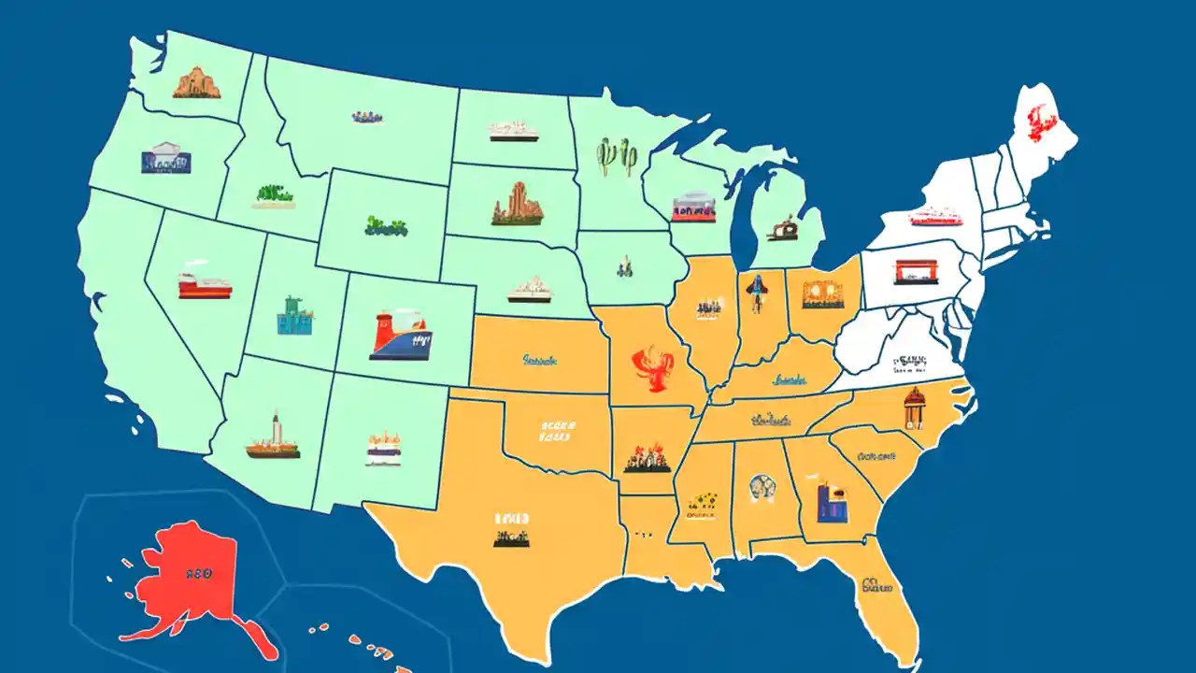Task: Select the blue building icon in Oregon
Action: click(x=165, y=158)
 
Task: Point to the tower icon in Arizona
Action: click(x=274, y=438)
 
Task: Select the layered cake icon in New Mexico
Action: click(x=383, y=449)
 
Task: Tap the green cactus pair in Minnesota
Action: click(x=617, y=156)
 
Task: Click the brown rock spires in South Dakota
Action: click(x=517, y=204)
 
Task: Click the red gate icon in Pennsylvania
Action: click(x=916, y=272)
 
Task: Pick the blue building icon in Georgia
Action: click(x=829, y=503)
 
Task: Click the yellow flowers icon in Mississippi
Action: click(x=701, y=501)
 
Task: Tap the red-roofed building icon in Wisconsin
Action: click(x=693, y=207)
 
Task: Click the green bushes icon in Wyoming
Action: click(x=386, y=225)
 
